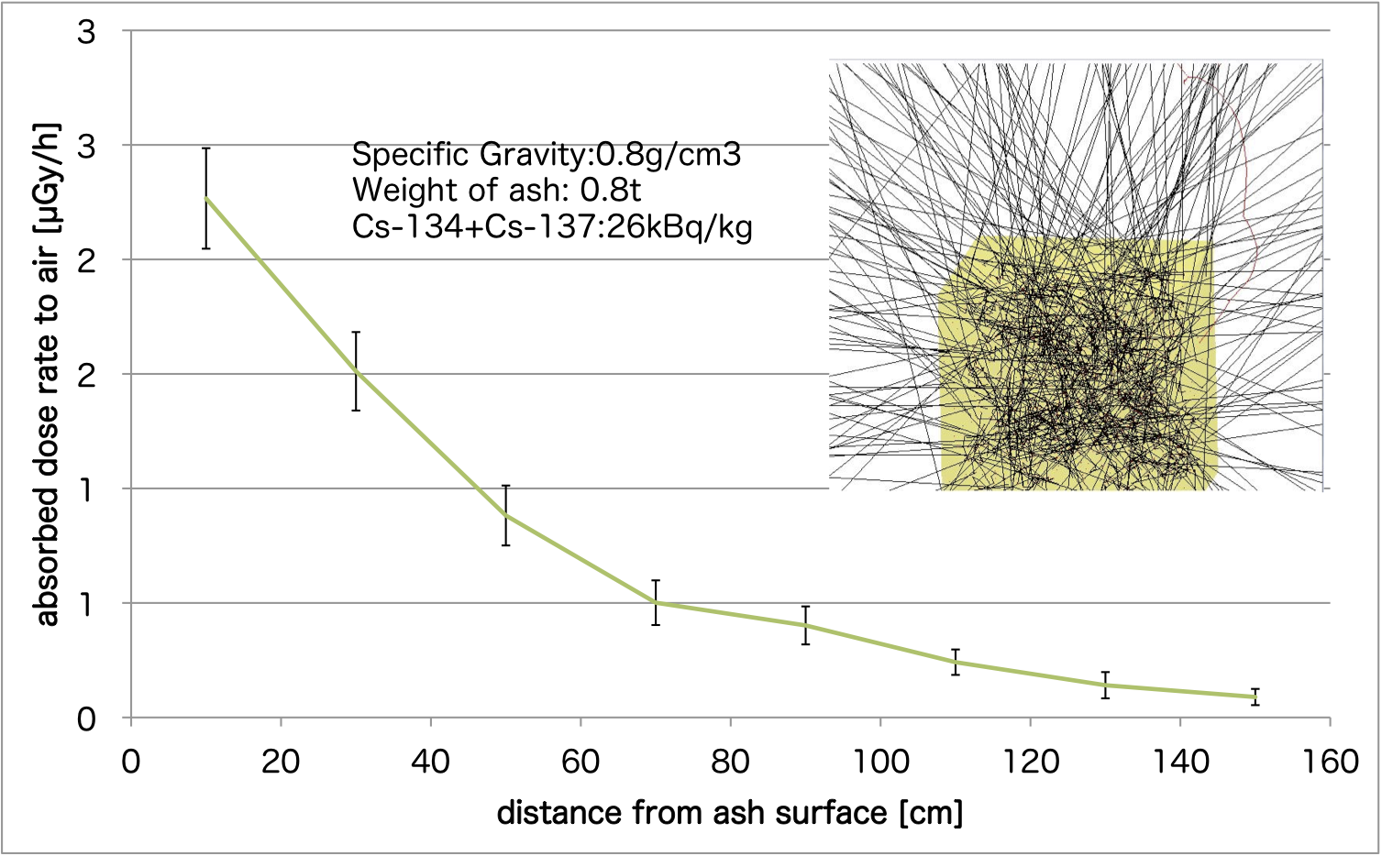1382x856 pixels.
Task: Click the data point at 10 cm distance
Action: pyautogui.click(x=206, y=198)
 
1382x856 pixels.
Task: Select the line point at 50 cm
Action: pyautogui.click(x=505, y=516)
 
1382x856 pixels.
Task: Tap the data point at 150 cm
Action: pyautogui.click(x=1255, y=697)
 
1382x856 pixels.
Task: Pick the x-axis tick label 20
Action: pyautogui.click(x=281, y=762)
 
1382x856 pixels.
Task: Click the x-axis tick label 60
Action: pyautogui.click(x=580, y=762)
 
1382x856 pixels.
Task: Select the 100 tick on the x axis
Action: pyautogui.click(x=880, y=762)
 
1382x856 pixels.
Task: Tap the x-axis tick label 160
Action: pyautogui.click(x=1329, y=762)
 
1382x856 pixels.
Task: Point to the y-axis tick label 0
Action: pyautogui.click(x=86, y=719)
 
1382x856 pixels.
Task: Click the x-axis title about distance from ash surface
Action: pyautogui.click(x=730, y=813)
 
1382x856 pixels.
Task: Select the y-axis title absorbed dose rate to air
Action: pyautogui.click(x=48, y=374)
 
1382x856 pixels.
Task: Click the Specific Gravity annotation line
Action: pyautogui.click(x=547, y=154)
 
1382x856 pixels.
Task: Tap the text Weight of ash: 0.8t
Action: pyautogui.click(x=496, y=190)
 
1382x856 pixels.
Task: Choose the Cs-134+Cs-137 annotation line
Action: pyautogui.click(x=552, y=225)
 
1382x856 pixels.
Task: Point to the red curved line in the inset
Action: pyautogui.click(x=1243, y=183)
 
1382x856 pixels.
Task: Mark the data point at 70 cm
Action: pyautogui.click(x=656, y=602)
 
